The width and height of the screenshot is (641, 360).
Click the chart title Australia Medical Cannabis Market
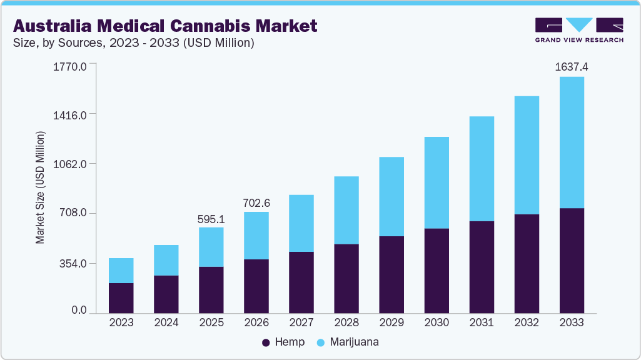pyautogui.click(x=165, y=26)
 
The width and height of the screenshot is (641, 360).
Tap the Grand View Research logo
pyautogui.click(x=579, y=30)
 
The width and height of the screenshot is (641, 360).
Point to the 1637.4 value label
pyautogui.click(x=572, y=66)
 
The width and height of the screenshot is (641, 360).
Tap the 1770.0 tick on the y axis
pyautogui.click(x=73, y=65)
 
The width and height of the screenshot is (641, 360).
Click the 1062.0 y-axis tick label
pyautogui.click(x=73, y=164)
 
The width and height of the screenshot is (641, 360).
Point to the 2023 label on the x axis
pyautogui.click(x=121, y=322)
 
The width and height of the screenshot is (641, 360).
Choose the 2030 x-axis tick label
pyautogui.click(x=437, y=322)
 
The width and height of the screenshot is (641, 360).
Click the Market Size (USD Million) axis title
pyautogui.click(x=40, y=187)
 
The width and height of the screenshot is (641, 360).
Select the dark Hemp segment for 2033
pyautogui.click(x=572, y=260)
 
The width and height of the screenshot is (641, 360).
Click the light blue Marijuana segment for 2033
pyautogui.click(x=572, y=142)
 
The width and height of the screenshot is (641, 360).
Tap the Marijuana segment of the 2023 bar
pyautogui.click(x=121, y=271)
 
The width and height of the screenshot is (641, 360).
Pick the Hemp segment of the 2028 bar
pyautogui.click(x=346, y=278)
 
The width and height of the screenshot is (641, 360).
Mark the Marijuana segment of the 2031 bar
pyautogui.click(x=482, y=169)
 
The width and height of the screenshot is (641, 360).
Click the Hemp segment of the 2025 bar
pyautogui.click(x=211, y=289)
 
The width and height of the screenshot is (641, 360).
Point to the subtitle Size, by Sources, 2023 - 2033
pyautogui.click(x=133, y=43)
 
